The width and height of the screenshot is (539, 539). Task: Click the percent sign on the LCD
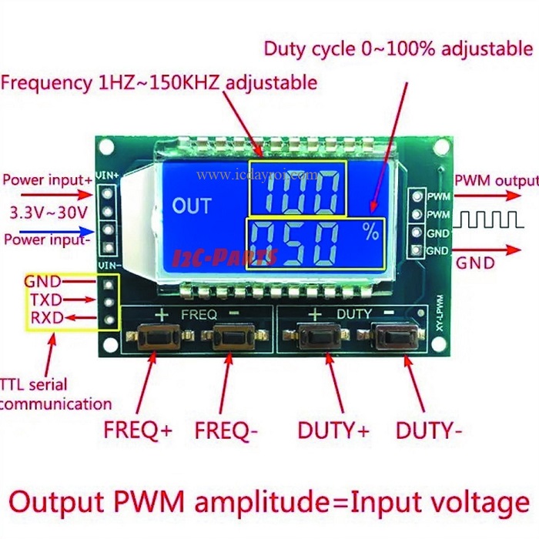(x=371, y=230)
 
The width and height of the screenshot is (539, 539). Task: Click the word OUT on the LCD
(x=192, y=206)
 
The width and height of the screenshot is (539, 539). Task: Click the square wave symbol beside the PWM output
(x=490, y=222)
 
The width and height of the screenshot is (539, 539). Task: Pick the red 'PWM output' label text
(x=496, y=181)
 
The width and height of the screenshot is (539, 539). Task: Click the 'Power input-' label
(x=48, y=239)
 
